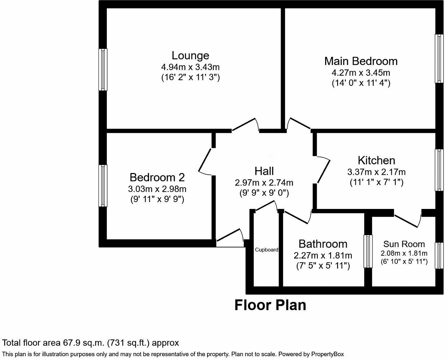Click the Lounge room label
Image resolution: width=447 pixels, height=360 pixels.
point(190,55)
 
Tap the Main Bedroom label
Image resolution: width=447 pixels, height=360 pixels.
point(361,61)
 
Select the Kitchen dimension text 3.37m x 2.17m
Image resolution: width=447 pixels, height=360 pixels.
point(376,172)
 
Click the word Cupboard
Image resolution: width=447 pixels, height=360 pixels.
point(266,250)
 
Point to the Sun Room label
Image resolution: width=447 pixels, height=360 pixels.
point(404,244)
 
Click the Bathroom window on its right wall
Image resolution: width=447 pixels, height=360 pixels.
point(368,251)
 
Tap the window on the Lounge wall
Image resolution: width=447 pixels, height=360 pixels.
point(103,69)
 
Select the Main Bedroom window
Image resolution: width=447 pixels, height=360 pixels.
point(439,58)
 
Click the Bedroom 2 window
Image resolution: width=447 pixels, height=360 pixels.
point(103,186)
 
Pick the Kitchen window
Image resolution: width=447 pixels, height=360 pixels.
point(439,170)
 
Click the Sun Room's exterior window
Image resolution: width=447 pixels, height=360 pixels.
point(439,255)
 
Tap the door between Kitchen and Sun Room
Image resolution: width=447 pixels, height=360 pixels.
point(408,220)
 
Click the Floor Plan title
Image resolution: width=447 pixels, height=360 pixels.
point(270,305)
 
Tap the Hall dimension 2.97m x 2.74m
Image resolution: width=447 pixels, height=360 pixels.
point(264,182)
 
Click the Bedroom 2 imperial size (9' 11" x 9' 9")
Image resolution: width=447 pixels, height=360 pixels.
point(157,199)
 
